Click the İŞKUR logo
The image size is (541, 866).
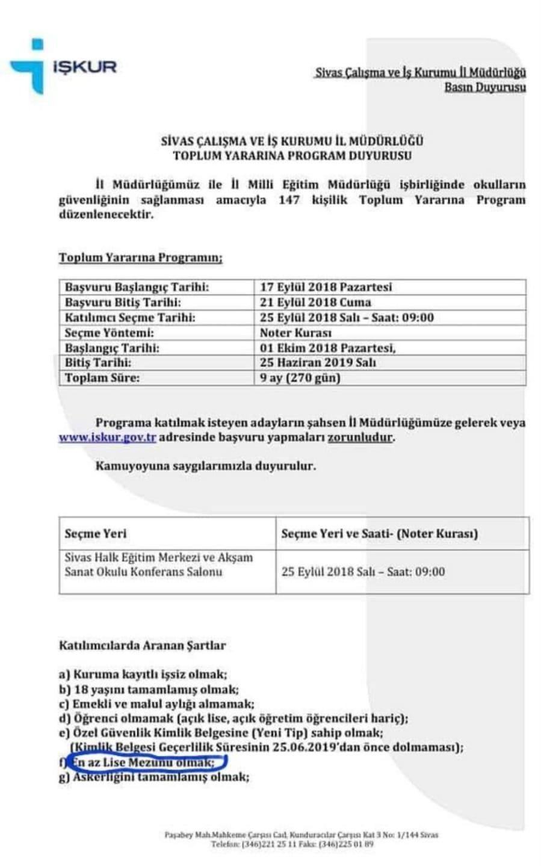coord(63,66)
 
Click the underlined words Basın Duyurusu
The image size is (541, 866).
coord(484,87)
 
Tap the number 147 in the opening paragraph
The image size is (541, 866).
coord(289,200)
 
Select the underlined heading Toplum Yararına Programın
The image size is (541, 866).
coord(140,258)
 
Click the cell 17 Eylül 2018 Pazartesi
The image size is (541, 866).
coord(326,287)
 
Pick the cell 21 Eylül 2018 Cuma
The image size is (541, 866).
coord(315,302)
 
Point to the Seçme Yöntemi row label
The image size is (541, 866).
coord(110,333)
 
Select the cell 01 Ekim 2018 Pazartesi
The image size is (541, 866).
coord(327,348)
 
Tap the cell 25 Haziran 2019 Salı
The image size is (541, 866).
coord(318,363)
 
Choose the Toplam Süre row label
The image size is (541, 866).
coord(102,378)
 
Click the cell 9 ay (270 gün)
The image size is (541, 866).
coord(300,378)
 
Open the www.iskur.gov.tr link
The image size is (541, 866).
coord(107,438)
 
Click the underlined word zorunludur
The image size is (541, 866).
coord(360,438)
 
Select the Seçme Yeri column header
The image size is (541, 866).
coord(96,533)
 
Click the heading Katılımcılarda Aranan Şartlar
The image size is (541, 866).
coord(142,645)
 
